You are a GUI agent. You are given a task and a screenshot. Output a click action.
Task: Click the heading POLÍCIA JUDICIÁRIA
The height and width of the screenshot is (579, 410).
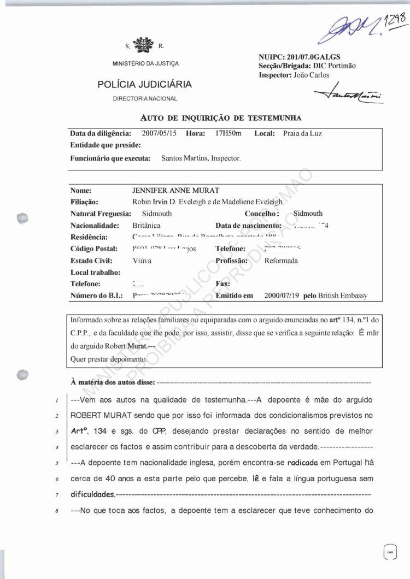click(144, 85)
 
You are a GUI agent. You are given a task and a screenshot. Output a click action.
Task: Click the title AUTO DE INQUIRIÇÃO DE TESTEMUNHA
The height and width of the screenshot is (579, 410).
click(221, 117)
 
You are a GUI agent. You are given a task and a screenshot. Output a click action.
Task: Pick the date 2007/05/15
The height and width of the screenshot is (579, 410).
click(159, 133)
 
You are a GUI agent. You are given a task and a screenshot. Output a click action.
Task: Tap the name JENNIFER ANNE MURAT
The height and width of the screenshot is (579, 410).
click(175, 190)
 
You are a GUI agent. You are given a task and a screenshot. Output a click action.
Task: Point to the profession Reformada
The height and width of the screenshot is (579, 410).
click(280, 261)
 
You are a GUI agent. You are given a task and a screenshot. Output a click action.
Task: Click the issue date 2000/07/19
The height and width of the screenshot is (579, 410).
click(280, 296)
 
